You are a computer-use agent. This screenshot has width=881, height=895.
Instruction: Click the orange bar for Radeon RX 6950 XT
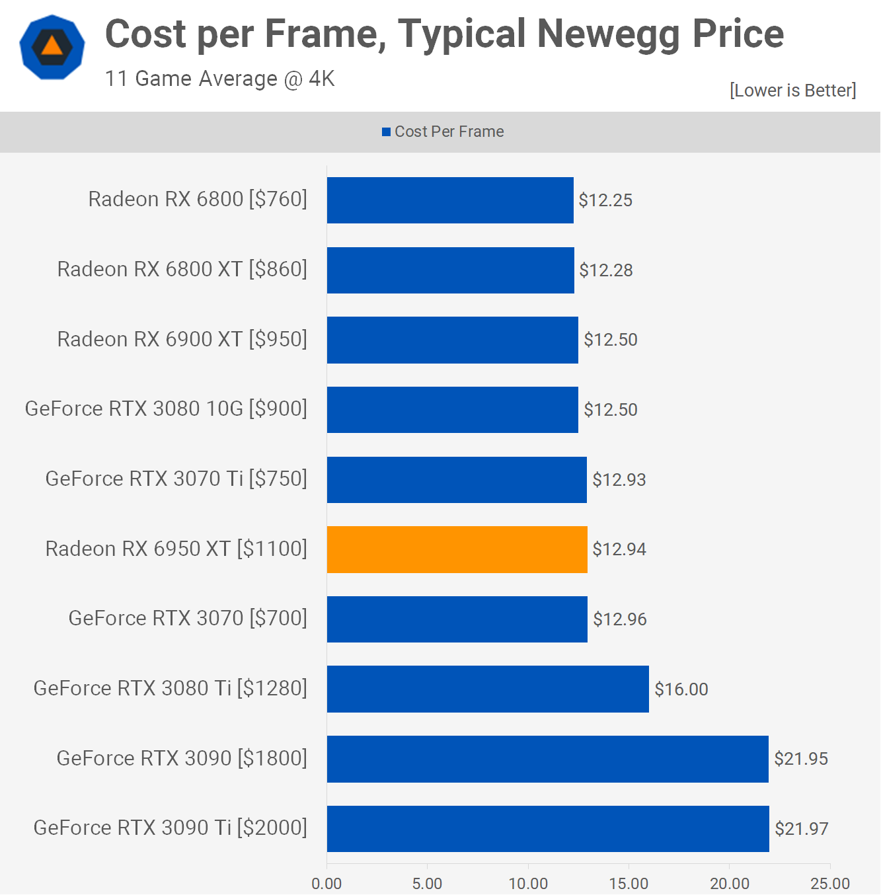coord(457,549)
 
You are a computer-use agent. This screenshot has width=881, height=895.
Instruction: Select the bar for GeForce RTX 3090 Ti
coord(548,828)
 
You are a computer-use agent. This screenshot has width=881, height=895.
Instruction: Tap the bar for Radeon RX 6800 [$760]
coord(450,200)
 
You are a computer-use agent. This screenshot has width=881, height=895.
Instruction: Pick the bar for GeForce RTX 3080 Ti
coord(488,689)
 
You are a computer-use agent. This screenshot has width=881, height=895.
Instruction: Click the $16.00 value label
coord(681,689)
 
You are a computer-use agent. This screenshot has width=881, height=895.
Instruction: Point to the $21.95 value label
coord(800,758)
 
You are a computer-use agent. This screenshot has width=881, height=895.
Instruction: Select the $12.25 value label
coord(605,200)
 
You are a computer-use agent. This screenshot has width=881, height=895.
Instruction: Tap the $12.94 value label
coord(619,549)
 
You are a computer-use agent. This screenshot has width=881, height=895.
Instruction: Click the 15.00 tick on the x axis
coord(629,883)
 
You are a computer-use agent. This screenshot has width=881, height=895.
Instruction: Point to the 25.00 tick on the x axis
coord(830,883)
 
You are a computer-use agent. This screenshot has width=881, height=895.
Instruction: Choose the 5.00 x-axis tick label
coord(427,883)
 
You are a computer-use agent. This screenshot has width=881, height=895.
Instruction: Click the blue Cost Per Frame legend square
coord(386,132)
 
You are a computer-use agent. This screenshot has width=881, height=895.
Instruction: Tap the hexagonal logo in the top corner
coord(52,47)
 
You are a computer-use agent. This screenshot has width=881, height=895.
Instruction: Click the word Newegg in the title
coord(608,34)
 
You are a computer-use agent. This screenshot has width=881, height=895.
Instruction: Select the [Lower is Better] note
coord(792,90)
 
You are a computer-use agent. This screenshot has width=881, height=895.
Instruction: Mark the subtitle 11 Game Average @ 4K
coord(219,79)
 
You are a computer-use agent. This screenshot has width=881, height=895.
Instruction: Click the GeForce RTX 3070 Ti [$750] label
coord(176,479)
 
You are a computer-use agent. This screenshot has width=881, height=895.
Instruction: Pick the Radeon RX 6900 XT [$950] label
coord(182,339)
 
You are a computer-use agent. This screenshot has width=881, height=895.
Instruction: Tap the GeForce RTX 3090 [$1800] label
coord(182,758)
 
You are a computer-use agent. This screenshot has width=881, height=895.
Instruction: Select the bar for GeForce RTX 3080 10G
coord(452,410)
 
